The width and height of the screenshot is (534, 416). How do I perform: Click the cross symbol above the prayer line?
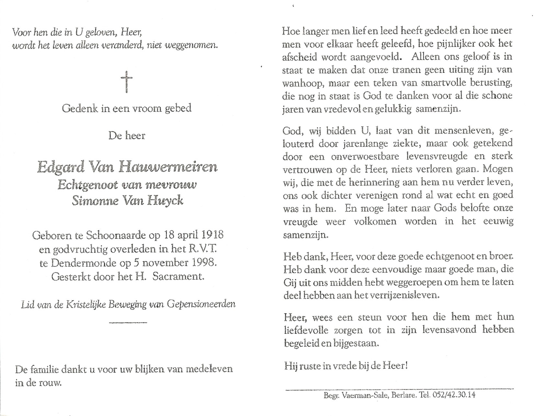point(127,82)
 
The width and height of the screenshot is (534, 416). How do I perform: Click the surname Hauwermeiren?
point(168,167)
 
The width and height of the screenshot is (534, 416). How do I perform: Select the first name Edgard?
point(61,167)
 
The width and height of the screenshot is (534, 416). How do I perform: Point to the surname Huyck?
point(166,201)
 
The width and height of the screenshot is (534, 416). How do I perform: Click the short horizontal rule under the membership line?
point(128,322)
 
